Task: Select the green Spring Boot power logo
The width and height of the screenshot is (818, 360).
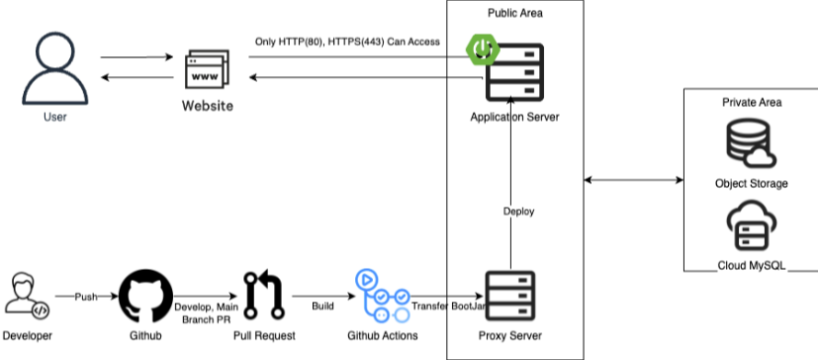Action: point(483,49)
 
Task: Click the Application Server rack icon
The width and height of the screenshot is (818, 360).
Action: point(515,72)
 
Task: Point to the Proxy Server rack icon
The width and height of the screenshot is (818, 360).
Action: point(510,296)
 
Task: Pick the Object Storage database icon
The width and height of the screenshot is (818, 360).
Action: point(751,143)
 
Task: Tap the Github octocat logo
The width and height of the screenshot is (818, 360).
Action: point(145,297)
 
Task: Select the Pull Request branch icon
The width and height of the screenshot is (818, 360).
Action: point(264,296)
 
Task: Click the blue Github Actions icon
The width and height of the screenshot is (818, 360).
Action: point(383,296)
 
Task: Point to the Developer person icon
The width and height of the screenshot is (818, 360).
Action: point(28,296)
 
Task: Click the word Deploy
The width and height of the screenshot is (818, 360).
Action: point(518,212)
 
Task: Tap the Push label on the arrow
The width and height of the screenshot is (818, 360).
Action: point(86,297)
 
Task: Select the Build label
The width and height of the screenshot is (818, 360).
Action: point(322,306)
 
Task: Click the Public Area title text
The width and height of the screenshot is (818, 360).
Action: point(515,13)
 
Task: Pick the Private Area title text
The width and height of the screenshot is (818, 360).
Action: point(752,102)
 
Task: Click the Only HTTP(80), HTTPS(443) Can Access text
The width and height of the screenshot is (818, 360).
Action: point(347,42)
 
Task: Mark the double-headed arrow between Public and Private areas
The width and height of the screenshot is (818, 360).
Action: point(633,180)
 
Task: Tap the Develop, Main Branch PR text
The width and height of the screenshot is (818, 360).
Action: point(206,313)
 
